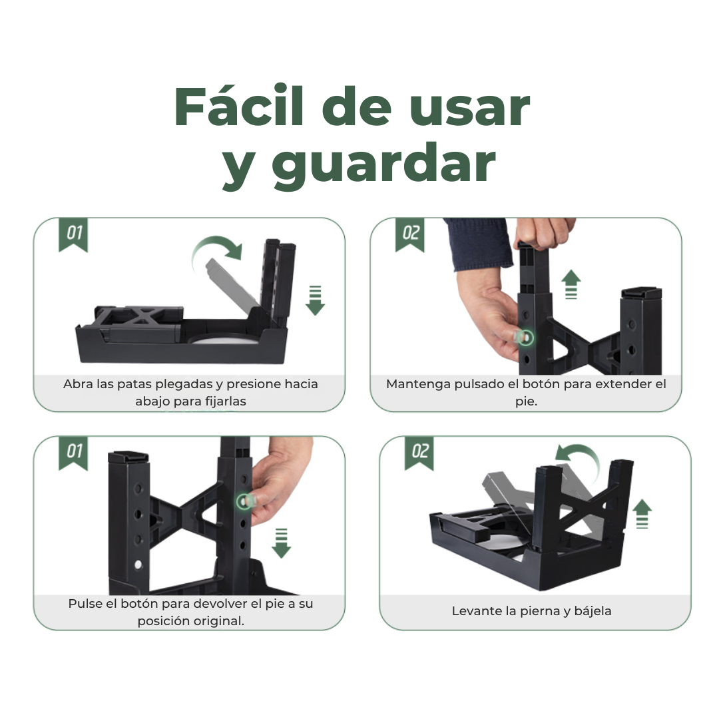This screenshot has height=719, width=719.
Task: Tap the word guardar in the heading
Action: tap(383, 164)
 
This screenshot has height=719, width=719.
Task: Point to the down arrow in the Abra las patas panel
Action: tap(315, 299)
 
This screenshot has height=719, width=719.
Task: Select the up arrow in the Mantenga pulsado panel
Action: tap(571, 284)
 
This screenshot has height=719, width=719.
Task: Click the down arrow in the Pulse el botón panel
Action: tap(281, 543)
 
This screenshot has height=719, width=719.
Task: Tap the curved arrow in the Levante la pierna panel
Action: tap(577, 458)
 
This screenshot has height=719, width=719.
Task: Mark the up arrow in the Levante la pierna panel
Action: tap(642, 513)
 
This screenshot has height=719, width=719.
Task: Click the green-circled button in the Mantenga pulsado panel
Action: tap(527, 338)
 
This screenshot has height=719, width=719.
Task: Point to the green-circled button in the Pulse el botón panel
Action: tap(246, 499)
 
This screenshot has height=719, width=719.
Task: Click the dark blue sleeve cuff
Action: tap(478, 243)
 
